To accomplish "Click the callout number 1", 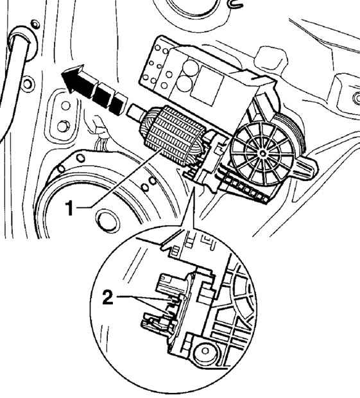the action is point(69,208).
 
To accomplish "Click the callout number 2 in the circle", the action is point(108,298).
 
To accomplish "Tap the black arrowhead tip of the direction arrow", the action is point(62,74).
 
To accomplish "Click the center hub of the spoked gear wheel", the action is point(262,153).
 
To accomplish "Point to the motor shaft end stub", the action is point(136,113).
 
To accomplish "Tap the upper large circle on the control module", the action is point(191,67).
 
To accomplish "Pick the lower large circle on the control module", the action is point(185,83).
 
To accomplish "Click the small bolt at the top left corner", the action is point(35,24).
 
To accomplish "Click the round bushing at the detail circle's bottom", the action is point(205,351).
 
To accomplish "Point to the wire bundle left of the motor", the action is point(100,138).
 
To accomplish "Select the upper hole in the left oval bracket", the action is point(65,105).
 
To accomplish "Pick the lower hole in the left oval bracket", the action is point(63,126).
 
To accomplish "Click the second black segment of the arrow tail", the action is point(101,94).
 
